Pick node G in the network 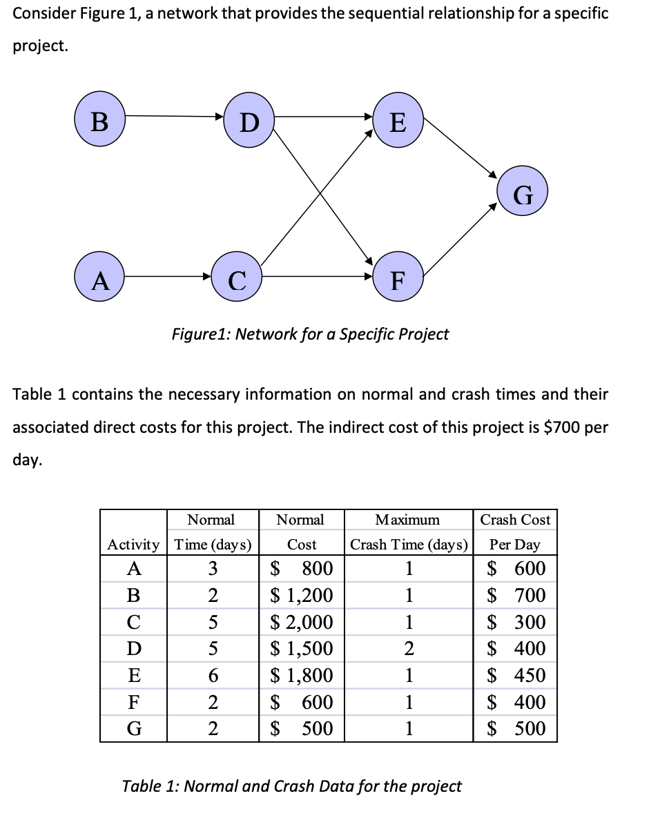(523, 196)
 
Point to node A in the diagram (101, 281)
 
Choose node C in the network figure (236, 280)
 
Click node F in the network (398, 281)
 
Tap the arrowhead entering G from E (492, 173)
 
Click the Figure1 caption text (310, 334)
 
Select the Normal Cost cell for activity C (302, 622)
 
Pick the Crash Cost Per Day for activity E (515, 675)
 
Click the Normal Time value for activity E (213, 675)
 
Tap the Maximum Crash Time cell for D (409, 649)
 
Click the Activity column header (133, 544)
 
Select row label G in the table (133, 728)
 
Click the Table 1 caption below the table (291, 786)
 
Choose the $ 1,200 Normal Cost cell (302, 595)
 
